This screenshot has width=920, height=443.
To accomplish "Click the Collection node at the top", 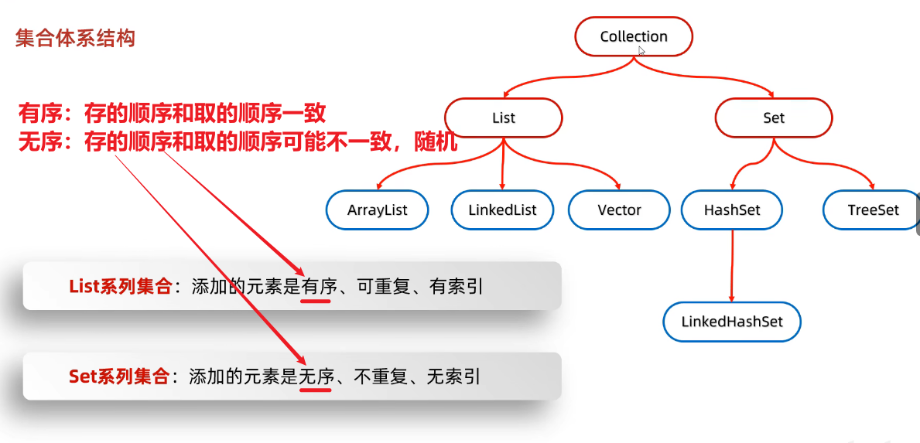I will [634, 36].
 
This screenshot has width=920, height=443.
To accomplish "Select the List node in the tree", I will [504, 118].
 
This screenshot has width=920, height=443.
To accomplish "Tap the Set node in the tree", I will [773, 118].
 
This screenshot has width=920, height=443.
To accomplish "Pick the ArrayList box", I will [377, 210].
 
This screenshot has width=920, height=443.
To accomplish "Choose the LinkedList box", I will [503, 210].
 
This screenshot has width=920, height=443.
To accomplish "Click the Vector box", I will [619, 210].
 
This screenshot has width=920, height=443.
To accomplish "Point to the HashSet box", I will [732, 210].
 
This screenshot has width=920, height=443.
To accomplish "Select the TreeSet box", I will [873, 210].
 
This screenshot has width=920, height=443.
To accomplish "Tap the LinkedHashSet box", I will [732, 322].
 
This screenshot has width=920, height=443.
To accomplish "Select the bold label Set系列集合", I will [119, 377].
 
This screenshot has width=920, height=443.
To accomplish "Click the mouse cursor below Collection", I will [641, 50].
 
